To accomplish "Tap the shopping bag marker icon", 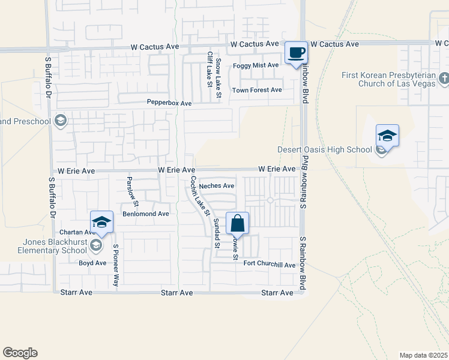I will [x=238, y=223].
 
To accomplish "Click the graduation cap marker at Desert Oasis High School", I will [x=387, y=136].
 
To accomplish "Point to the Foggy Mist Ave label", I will [x=256, y=65].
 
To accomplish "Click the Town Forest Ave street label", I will [x=257, y=90].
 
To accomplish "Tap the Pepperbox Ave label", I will [x=169, y=103].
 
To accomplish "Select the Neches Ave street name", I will [x=216, y=186].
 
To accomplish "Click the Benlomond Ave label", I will [x=146, y=214].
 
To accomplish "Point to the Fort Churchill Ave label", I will [x=270, y=265].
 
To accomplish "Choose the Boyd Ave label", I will [x=92, y=263].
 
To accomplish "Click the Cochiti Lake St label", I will [x=199, y=196].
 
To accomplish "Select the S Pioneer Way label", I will [x=116, y=265].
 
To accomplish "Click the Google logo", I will [x=20, y=353].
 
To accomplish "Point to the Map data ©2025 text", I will [x=424, y=355].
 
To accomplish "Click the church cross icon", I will [x=444, y=79].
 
